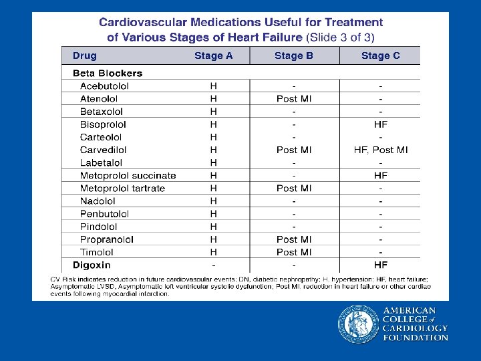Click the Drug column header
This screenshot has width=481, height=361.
click(x=85, y=55)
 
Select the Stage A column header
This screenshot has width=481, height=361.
click(x=213, y=55)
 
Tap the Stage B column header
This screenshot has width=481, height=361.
click(x=293, y=55)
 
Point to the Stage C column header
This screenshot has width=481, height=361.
click(x=380, y=55)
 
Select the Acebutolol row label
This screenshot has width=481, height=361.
click(x=104, y=86)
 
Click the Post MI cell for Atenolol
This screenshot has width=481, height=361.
click(x=294, y=99)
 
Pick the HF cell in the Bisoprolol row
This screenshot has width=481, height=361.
click(x=381, y=124)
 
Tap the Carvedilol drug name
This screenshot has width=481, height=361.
click(x=103, y=150)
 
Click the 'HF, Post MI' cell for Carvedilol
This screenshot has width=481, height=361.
click(x=381, y=150)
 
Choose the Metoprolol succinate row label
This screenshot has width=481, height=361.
click(x=128, y=176)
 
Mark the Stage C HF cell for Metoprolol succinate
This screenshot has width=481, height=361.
click(x=381, y=176)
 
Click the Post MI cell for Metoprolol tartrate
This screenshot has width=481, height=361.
click(x=294, y=189)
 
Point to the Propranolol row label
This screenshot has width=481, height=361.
click(x=106, y=239)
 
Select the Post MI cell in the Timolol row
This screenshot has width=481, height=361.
click(x=294, y=252)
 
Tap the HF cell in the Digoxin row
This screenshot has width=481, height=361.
click(x=381, y=265)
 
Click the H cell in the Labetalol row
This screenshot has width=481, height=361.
click(x=214, y=162)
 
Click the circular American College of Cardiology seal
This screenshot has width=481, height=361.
click(x=358, y=324)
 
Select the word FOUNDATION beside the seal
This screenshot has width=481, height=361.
click(x=415, y=338)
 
